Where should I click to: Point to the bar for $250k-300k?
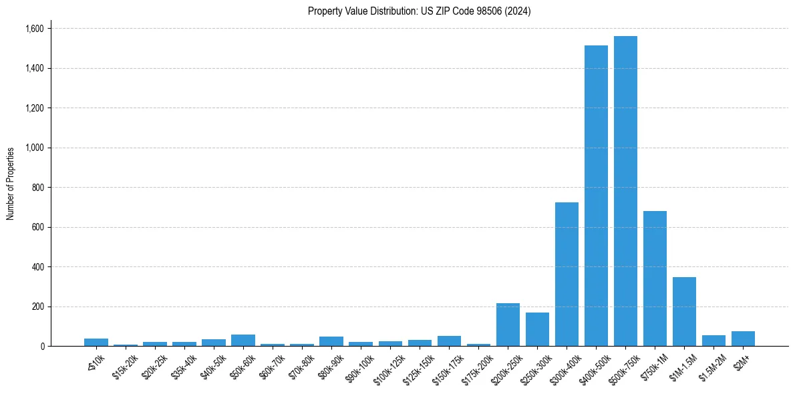point(537,329)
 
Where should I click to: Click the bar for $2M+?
point(743,339)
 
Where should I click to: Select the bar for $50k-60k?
point(243,341)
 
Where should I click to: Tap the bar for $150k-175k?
point(449,341)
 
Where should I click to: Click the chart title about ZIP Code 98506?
point(419,11)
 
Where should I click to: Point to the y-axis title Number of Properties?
point(11,184)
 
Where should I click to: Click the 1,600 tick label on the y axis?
point(34,29)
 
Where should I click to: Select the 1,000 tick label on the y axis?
point(34,148)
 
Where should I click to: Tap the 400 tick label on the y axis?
point(37,267)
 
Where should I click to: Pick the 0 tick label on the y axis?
point(42,347)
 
